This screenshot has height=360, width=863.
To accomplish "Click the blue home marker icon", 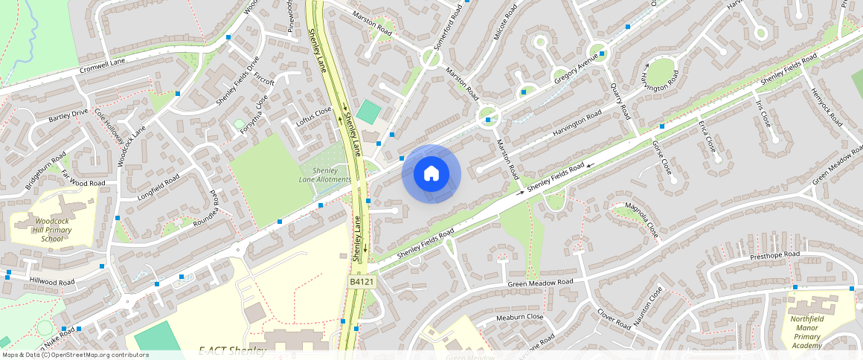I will coord(431,174).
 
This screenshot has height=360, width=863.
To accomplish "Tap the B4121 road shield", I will coord(362,283).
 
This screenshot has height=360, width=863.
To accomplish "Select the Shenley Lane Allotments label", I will coord(325,176).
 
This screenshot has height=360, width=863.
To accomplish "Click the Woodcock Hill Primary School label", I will coord(52,230).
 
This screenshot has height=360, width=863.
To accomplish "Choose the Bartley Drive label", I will coord(68,115).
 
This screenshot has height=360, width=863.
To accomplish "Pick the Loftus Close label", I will coord(313,118).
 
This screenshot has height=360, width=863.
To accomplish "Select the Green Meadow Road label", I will coord(541,283).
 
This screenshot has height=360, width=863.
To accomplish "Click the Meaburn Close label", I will coord(519,317).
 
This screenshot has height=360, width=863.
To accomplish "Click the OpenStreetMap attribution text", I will coord(74,355).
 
